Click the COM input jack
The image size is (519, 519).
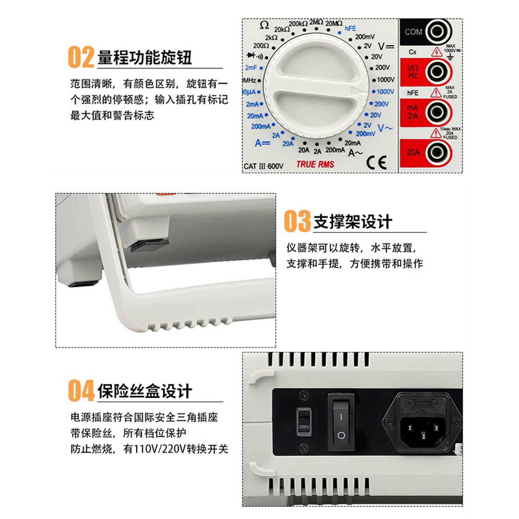click(438, 32)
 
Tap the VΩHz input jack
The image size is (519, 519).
click(438, 72)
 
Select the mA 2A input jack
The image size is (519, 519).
click(438, 112)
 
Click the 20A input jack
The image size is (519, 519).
click(438, 152)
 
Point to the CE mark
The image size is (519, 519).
click(377, 163)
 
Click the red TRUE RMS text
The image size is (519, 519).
click(315, 164)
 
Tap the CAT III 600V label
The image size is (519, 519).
click(263, 166)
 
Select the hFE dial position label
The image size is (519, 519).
click(350, 28)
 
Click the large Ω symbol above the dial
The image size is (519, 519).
click(264, 25)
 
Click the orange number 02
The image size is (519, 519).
click(81, 57)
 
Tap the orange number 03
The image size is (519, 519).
click(297, 221)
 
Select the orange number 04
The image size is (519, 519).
click(81, 390)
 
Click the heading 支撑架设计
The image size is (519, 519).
click(352, 222)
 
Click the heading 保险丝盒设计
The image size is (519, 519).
click(145, 391)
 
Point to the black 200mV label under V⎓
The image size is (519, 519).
click(365, 37)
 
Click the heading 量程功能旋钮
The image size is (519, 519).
click(145, 58)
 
